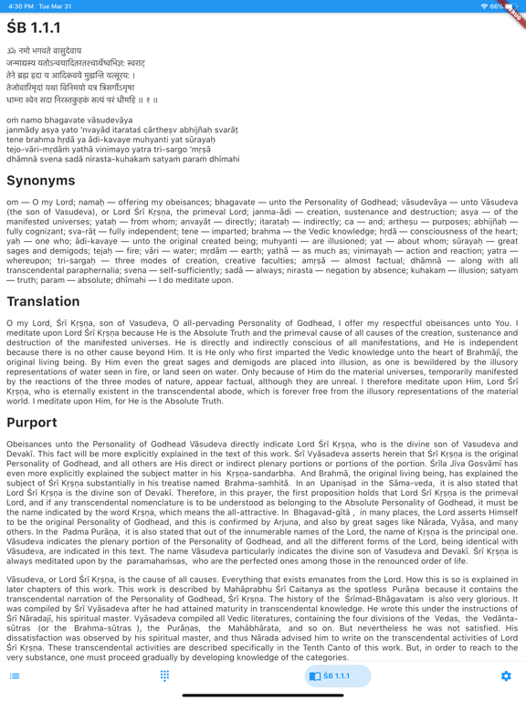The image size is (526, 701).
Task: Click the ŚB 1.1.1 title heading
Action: [x=35, y=27]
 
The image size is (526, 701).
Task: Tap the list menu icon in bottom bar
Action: [x=15, y=676]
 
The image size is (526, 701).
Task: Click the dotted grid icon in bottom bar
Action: [x=165, y=676]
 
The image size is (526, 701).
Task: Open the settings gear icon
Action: [x=506, y=676]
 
